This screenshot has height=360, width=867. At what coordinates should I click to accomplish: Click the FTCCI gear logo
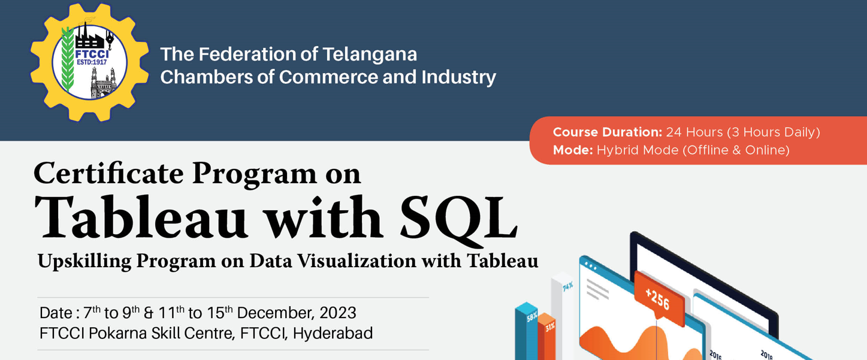coord(89,62)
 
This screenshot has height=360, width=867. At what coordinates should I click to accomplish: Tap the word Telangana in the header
coord(369,55)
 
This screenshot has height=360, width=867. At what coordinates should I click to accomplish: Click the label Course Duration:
coord(607,132)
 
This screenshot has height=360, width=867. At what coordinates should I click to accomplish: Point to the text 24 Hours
coord(694,132)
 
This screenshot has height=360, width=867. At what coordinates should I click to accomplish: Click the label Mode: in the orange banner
coord(573,150)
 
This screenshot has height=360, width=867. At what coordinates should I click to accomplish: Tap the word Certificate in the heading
coord(108,174)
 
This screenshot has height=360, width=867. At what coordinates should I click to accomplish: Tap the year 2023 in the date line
coord(338,313)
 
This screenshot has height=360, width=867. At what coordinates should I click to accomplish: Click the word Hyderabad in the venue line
coord(333,333)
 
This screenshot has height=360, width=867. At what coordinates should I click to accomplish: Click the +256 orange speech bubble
coord(658,297)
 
